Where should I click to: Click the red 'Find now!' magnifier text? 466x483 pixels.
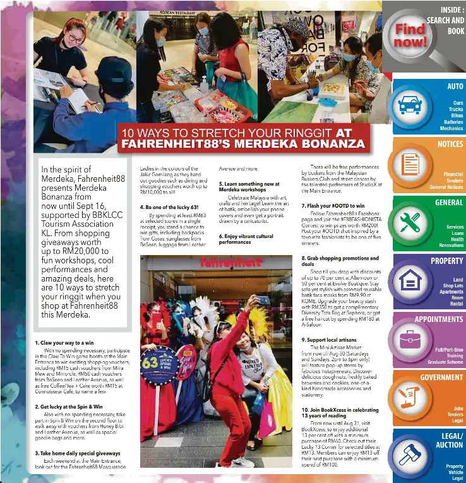pyautogui.click(x=410, y=36)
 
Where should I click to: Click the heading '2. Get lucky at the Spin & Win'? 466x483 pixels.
pyautogui.click(x=69, y=407)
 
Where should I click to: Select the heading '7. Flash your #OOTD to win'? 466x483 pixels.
pyautogui.click(x=333, y=206)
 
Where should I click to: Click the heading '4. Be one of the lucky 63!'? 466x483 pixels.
pyautogui.click(x=167, y=206)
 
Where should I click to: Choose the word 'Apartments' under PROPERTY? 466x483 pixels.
pyautogui.click(x=451, y=292)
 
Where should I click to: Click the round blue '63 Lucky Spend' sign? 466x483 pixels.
pyautogui.click(x=158, y=366)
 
